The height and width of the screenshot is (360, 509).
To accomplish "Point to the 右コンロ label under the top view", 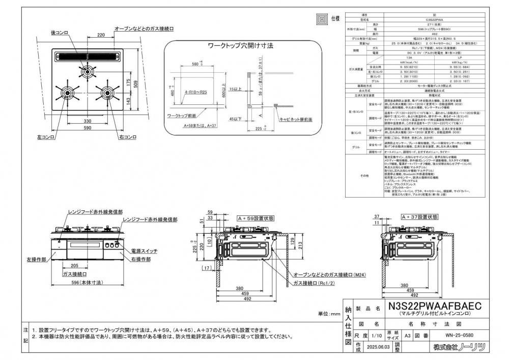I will pos(127,137).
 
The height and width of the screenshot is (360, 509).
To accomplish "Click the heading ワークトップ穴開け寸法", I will pos(241,46).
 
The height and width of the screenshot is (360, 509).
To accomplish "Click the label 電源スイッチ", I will pos(144,252).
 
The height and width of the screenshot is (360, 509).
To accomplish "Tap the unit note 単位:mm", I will pos(328,314).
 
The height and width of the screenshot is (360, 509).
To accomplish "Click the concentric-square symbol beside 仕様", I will pos(322,19).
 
